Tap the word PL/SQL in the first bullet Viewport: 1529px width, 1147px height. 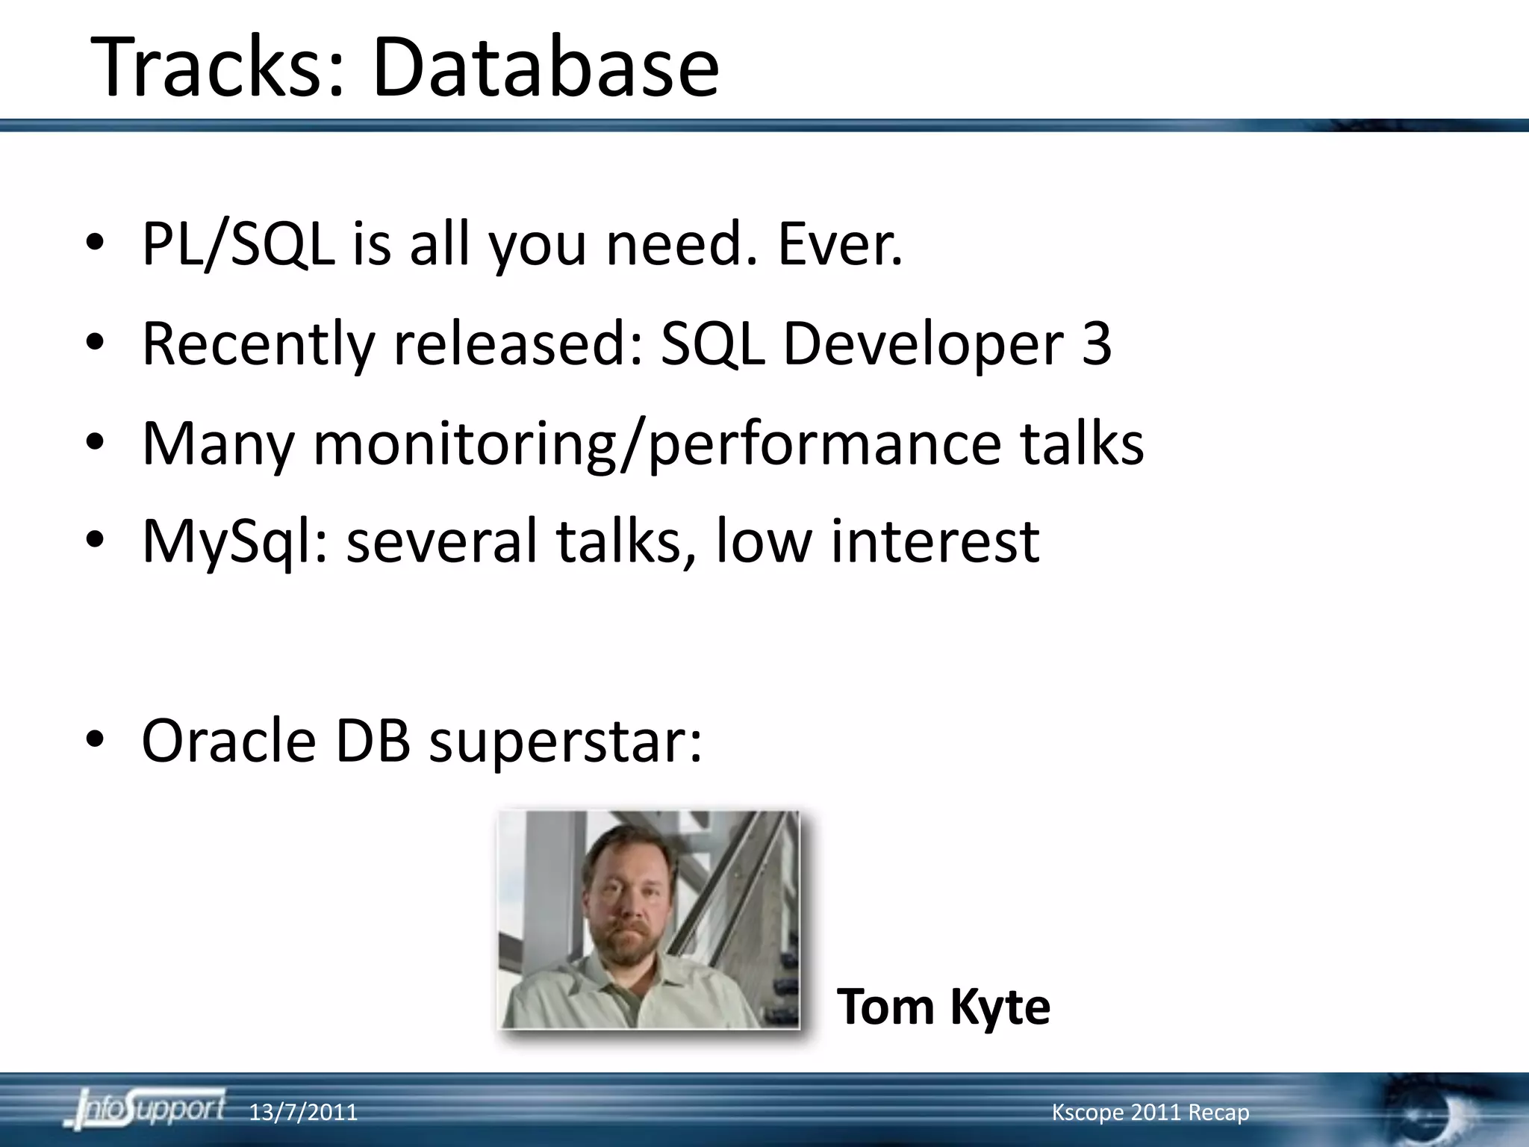(x=237, y=245)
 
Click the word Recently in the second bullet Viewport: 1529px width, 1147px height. (x=258, y=345)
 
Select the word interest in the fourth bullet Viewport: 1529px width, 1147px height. (x=935, y=541)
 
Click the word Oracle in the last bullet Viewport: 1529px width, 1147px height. (x=228, y=741)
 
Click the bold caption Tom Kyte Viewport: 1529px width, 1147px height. (x=943, y=1007)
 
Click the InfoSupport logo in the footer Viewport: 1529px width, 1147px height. (x=146, y=1110)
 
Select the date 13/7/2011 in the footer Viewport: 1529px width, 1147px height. (x=302, y=1113)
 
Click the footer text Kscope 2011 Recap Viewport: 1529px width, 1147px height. (x=1150, y=1113)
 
